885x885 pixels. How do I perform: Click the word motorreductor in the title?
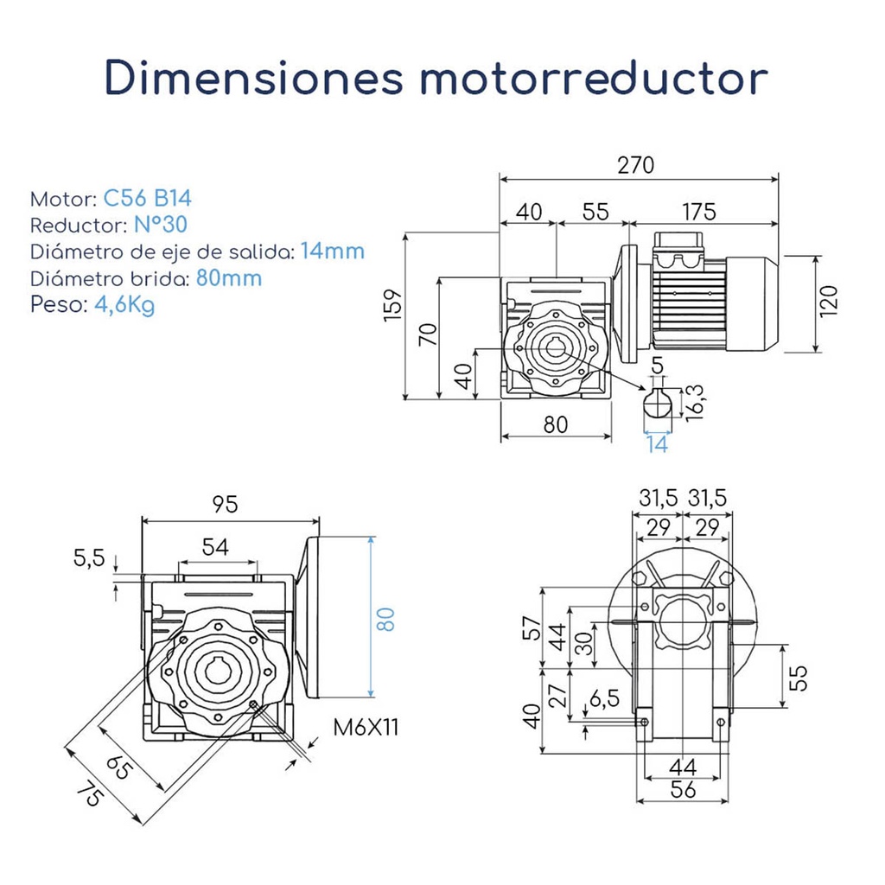coord(595,77)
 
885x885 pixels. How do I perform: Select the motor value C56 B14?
coord(147,198)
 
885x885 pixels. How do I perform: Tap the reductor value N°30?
coord(162,225)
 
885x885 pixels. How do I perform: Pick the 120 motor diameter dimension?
coord(830,302)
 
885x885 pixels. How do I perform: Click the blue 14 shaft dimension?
coord(657,444)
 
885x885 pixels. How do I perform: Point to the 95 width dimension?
coord(225,505)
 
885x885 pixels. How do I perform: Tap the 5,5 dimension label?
coord(89,558)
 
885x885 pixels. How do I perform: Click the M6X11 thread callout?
coord(366,728)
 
